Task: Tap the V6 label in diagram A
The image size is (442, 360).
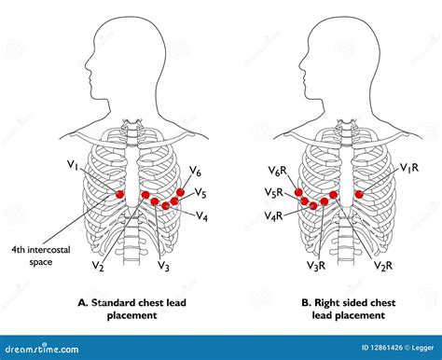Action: point(195,172)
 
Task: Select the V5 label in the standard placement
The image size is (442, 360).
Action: point(200,194)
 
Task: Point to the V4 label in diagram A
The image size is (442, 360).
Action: point(201,215)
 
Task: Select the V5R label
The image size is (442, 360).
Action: point(272,194)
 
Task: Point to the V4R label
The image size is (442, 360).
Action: point(272,215)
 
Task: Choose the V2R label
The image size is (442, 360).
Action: point(382,267)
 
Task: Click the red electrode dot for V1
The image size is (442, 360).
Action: point(119,194)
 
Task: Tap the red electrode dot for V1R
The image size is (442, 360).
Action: point(358,194)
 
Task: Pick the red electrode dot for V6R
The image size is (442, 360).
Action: point(298,193)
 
